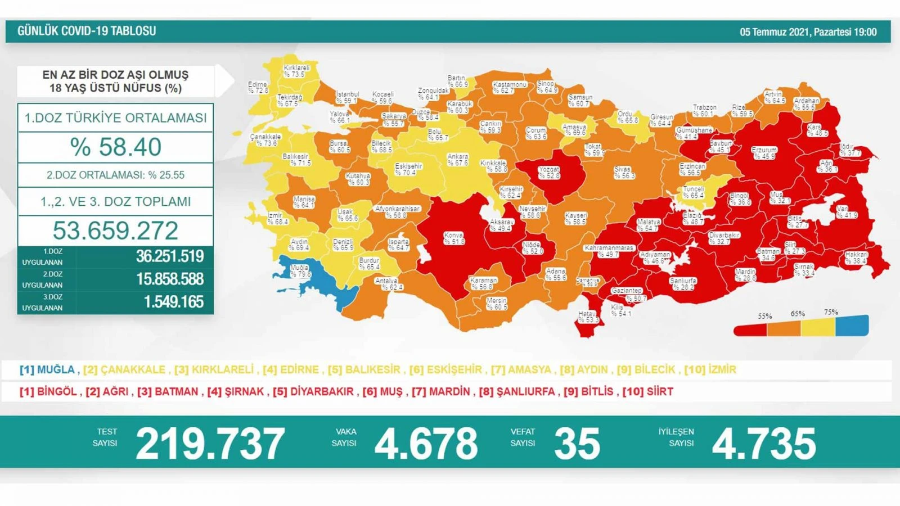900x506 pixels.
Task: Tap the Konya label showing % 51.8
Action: (x=453, y=238)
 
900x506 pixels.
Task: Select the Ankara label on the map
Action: (x=457, y=160)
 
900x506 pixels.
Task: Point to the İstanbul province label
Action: (x=347, y=97)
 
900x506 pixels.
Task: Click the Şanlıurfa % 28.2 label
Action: (x=683, y=283)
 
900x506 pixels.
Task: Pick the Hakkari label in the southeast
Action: (x=856, y=257)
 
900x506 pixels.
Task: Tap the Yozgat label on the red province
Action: (x=548, y=173)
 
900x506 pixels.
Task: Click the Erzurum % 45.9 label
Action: (x=763, y=153)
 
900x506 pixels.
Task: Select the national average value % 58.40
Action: (x=115, y=147)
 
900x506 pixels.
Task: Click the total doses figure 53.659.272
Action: (x=115, y=231)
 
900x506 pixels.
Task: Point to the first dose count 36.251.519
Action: (x=169, y=256)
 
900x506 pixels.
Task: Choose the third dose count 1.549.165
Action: (x=173, y=302)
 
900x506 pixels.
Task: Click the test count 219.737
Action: (x=210, y=444)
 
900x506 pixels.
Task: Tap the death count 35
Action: (x=577, y=444)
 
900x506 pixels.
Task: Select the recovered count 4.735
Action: (x=763, y=444)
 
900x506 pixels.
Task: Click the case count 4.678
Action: (x=426, y=444)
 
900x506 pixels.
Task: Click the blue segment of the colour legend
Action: (x=852, y=326)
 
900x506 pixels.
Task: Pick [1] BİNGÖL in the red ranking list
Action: (x=48, y=391)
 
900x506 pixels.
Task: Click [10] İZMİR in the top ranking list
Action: (x=710, y=369)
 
